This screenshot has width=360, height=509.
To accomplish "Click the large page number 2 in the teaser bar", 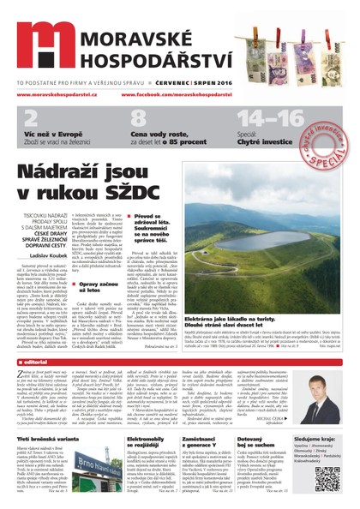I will [31, 121].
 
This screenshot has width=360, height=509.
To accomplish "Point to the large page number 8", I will [140, 121].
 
